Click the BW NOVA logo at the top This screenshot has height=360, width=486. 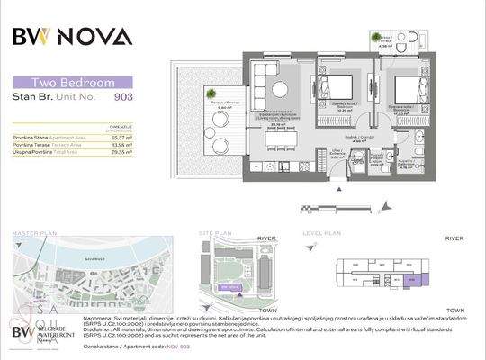[x=72, y=36]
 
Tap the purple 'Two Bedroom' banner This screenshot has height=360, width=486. [x=73, y=82]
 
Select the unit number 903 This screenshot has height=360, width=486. [x=123, y=94]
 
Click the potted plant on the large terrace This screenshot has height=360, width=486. [x=209, y=92]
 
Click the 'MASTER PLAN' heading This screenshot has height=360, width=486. [x=35, y=232]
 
